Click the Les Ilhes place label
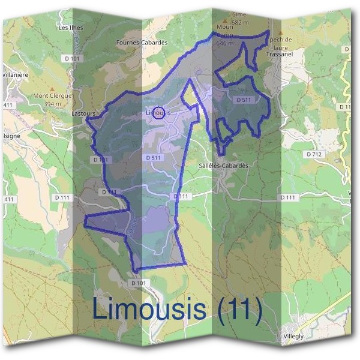tap(71, 28)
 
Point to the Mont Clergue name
tap(52, 96)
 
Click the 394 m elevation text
tap(52, 104)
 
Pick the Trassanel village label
tap(278, 54)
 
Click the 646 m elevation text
tap(224, 43)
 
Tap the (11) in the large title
tap(239, 310)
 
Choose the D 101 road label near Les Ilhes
tap(71, 58)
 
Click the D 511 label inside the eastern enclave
tap(244, 100)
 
